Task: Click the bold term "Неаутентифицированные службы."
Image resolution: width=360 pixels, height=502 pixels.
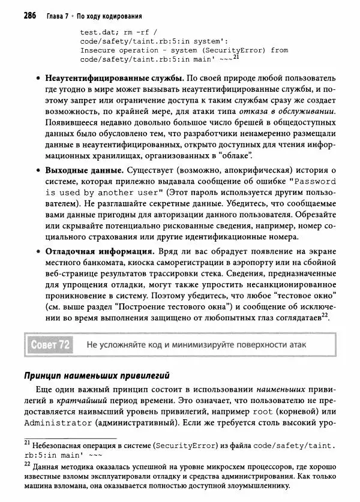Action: point(115,79)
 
